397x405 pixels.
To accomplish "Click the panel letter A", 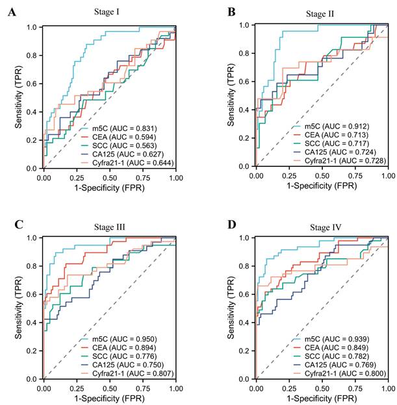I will (12, 12).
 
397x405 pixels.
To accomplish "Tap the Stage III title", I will (108, 227).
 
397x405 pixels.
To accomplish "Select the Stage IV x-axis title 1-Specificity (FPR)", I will (322, 397).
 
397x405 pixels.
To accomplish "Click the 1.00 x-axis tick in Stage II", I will (388, 175).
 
